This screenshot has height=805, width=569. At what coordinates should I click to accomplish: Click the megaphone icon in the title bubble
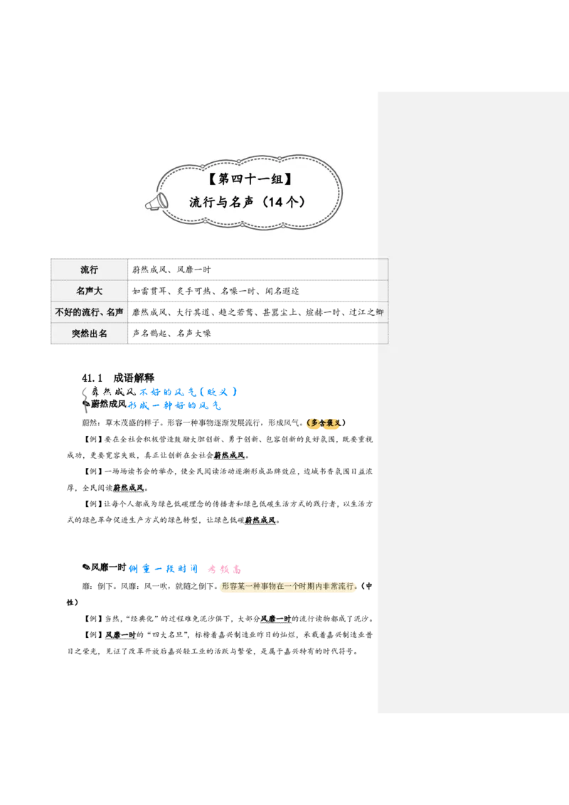[156, 202]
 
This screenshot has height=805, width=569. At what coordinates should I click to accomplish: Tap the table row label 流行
[90, 270]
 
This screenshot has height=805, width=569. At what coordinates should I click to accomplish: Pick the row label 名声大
[90, 291]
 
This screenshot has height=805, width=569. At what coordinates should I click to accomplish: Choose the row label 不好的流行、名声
[90, 312]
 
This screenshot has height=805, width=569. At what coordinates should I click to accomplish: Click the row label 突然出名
[90, 334]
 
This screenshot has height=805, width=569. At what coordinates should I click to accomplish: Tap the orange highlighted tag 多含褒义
[324, 423]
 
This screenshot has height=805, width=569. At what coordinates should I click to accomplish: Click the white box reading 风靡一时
[276, 619]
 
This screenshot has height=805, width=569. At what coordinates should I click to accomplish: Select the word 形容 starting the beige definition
[229, 588]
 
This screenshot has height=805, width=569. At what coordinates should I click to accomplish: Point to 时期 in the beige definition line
[304, 588]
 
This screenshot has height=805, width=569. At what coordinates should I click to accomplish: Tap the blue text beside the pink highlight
[162, 570]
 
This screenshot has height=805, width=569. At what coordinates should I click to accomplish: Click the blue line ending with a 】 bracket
[187, 392]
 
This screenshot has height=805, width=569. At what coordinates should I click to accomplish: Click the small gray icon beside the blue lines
[85, 402]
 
